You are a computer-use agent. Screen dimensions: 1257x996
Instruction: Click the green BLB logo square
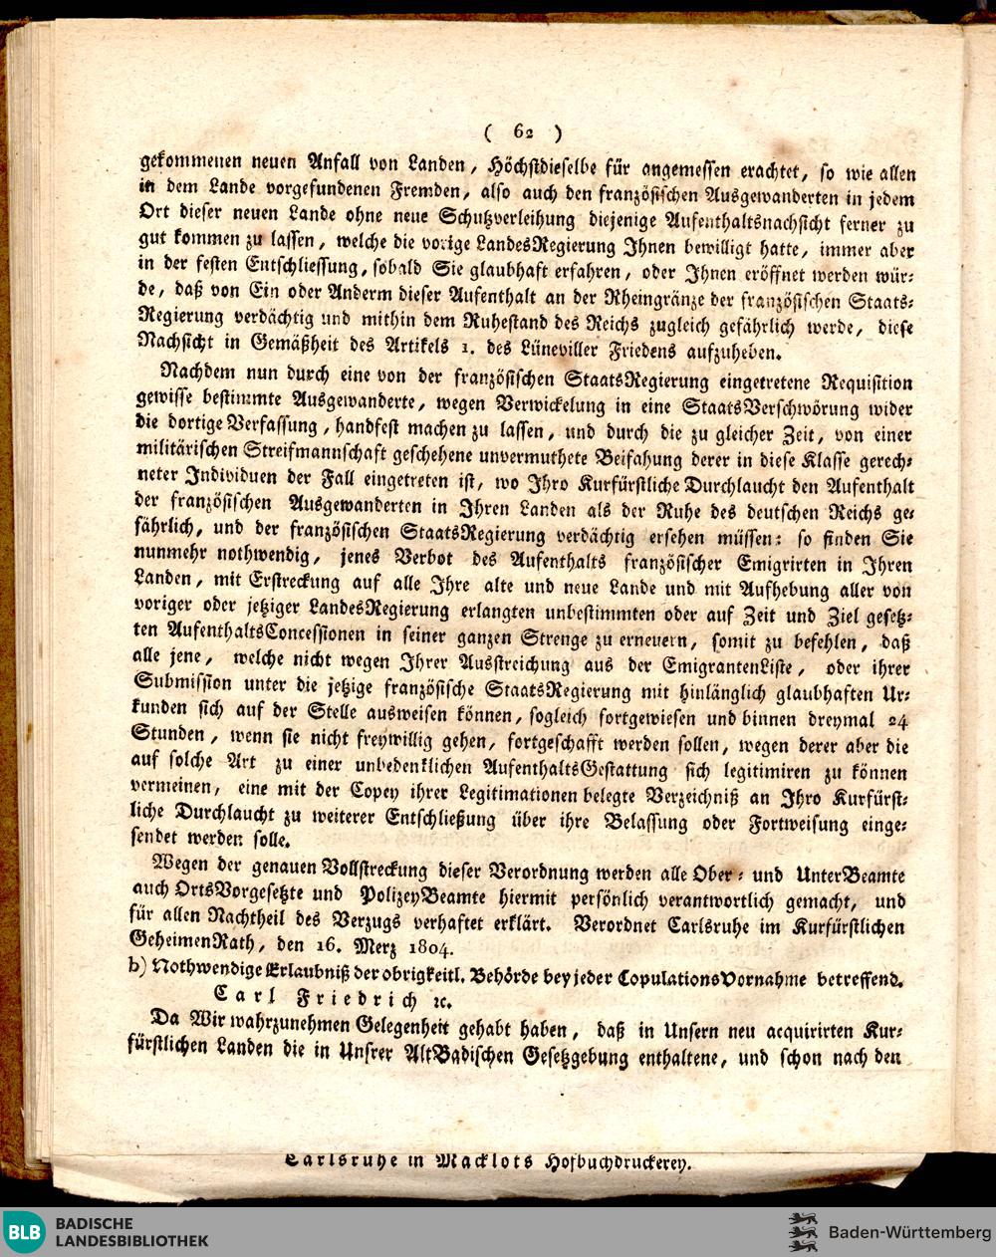click(x=24, y=1232)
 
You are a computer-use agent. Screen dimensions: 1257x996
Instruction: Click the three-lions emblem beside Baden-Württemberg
click(x=803, y=1232)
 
